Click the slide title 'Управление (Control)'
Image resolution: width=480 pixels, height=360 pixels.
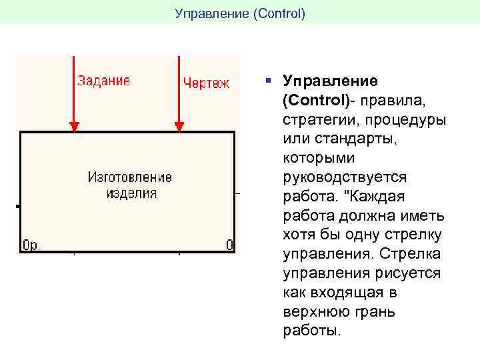[239, 13]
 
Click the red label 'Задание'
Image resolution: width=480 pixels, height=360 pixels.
[103, 81]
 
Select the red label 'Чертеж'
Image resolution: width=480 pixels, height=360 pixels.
[206, 83]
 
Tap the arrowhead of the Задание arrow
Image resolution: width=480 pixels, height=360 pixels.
[75, 126]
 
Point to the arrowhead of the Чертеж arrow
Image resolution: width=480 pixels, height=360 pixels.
[179, 126]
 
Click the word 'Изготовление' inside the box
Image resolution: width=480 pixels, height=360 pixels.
[129, 177]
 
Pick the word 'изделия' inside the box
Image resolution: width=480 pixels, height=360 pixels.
[131, 193]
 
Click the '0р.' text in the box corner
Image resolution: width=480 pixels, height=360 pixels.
[32, 245]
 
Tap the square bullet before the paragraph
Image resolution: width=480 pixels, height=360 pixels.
[267, 81]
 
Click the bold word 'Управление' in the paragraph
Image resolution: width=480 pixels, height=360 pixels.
[330, 81]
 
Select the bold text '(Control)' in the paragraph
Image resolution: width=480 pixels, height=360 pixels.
[314, 101]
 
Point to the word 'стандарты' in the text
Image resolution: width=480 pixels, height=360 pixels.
[340, 140]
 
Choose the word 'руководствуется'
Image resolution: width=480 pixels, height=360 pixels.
[345, 178]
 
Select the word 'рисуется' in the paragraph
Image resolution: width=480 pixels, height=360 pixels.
[407, 273]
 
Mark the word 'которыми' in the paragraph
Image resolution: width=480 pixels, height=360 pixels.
[319, 159]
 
